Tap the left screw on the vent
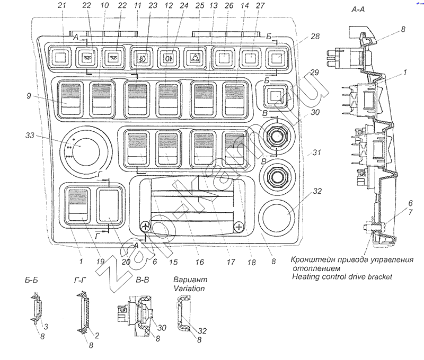tap(145, 227)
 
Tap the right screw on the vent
tap(239, 227)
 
